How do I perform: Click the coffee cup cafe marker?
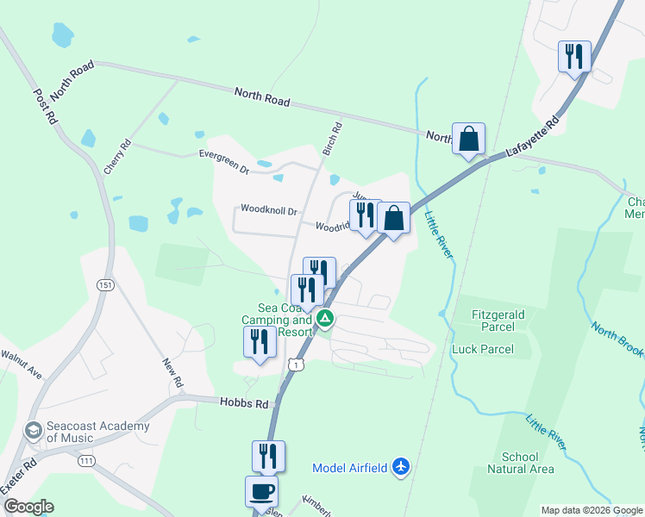point(261,492)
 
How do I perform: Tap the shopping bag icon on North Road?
point(468,138)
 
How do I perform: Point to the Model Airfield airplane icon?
point(399,466)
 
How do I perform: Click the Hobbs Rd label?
point(243,402)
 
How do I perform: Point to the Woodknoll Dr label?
point(269,210)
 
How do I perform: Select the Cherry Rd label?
point(116,158)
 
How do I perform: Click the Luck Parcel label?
point(483,349)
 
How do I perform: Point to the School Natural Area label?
point(520,463)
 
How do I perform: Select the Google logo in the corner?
point(29,507)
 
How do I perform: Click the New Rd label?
point(173,372)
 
